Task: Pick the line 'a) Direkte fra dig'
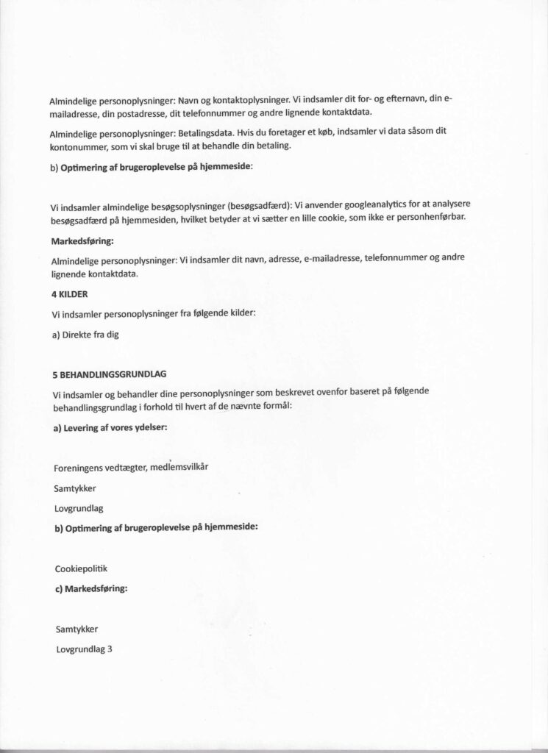pos(85,335)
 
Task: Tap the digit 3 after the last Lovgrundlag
pos(110,649)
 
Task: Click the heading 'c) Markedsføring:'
pos(90,588)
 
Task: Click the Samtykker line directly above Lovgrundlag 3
pos(76,629)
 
